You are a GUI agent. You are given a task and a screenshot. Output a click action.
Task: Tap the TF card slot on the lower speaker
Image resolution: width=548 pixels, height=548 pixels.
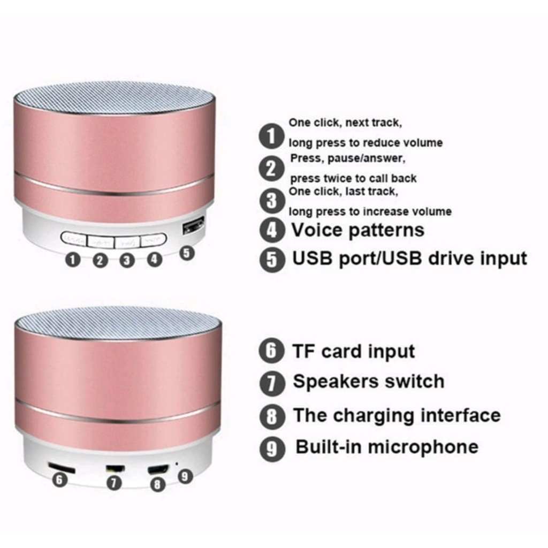(62, 467)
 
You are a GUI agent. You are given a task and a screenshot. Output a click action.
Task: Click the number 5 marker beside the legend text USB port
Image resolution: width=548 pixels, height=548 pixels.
(272, 259)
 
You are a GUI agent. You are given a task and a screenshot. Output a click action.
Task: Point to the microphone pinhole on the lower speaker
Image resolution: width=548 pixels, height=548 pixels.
(177, 464)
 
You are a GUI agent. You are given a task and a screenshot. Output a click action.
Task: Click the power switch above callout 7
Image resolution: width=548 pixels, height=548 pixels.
(115, 469)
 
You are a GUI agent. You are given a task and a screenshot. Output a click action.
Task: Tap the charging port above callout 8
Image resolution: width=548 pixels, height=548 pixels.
(158, 469)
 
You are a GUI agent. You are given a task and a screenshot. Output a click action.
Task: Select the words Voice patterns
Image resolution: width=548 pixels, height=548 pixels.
(358, 230)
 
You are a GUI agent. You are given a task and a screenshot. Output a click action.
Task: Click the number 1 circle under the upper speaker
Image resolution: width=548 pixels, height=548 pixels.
(73, 261)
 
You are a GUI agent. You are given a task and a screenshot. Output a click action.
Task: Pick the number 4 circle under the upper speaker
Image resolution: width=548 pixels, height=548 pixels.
(154, 260)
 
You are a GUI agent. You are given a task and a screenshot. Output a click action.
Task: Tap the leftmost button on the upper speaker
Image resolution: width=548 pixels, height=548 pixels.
(74, 239)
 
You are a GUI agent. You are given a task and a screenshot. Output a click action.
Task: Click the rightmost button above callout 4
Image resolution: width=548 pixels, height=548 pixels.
(154, 240)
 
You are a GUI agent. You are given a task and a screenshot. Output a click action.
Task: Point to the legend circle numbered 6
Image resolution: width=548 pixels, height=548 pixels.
(271, 351)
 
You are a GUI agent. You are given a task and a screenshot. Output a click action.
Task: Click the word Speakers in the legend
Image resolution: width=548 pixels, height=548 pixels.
(330, 382)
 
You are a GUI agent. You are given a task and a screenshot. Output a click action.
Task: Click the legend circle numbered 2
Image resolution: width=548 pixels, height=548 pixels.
(271, 169)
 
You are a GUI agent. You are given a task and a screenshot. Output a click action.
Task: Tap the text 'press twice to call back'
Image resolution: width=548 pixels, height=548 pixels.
(353, 179)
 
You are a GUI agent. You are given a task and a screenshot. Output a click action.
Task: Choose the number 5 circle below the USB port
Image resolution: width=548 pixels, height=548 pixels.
(187, 253)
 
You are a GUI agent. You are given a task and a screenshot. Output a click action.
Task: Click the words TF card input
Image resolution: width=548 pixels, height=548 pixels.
(354, 352)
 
